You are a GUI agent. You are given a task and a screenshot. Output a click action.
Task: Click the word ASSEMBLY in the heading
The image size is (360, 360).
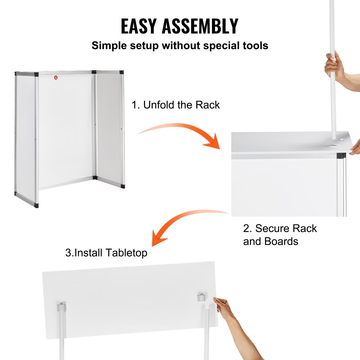coord(200,26)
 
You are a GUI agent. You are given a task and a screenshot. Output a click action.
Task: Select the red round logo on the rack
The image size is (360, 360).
coord(56,78)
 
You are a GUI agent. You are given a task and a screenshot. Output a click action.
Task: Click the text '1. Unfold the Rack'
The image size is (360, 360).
coord(176,105)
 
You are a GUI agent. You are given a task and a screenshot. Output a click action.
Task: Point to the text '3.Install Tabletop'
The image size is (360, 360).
coord(106,253)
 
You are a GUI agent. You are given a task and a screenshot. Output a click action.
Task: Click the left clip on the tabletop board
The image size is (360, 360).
coord(61,307)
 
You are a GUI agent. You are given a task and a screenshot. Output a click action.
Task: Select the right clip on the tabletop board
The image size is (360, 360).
coord(202,298)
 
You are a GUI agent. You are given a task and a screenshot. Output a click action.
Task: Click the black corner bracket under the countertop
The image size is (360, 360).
coord(341,156)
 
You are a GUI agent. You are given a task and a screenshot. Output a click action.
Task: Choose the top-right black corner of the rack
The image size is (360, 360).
coord(121,73)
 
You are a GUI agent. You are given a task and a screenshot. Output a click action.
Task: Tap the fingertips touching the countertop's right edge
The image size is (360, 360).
coord(354,151)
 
